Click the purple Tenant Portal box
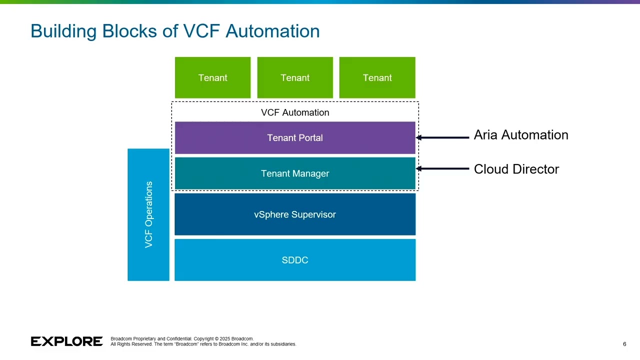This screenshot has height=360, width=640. (x=295, y=138)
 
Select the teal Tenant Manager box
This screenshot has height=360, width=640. (x=295, y=173)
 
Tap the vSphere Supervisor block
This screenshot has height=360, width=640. (x=295, y=214)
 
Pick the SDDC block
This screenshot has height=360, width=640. (x=295, y=260)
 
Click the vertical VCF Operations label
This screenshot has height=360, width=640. (x=148, y=214)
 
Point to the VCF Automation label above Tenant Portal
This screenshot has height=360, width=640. (x=295, y=112)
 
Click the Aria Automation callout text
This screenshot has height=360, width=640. (x=520, y=135)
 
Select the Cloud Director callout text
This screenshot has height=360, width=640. (x=516, y=169)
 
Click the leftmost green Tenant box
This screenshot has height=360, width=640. (x=212, y=78)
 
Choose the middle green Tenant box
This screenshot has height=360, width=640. (x=295, y=78)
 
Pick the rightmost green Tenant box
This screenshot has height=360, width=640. (x=377, y=78)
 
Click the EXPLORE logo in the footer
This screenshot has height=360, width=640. (x=66, y=341)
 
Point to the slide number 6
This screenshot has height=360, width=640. (x=624, y=344)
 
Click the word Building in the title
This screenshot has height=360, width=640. (x=63, y=31)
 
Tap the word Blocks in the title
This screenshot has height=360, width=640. (x=129, y=31)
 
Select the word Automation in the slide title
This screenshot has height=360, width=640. (x=272, y=31)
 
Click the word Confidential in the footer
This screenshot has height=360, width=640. (x=179, y=339)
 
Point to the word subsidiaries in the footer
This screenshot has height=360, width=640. (x=283, y=344)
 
